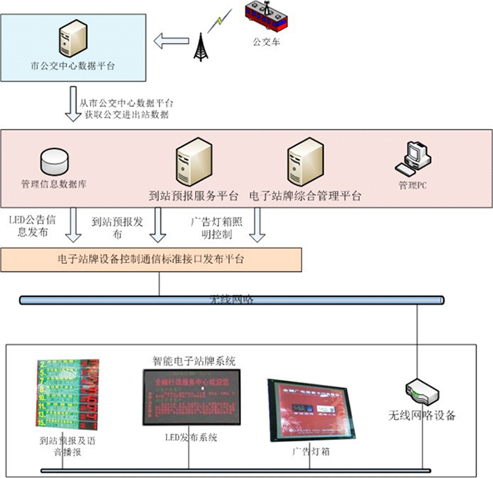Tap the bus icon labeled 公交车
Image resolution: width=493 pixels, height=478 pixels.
(x=266, y=18)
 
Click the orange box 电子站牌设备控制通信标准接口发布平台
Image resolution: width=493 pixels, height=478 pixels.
(x=151, y=259)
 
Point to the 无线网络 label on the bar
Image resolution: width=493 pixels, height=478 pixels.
(x=232, y=299)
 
